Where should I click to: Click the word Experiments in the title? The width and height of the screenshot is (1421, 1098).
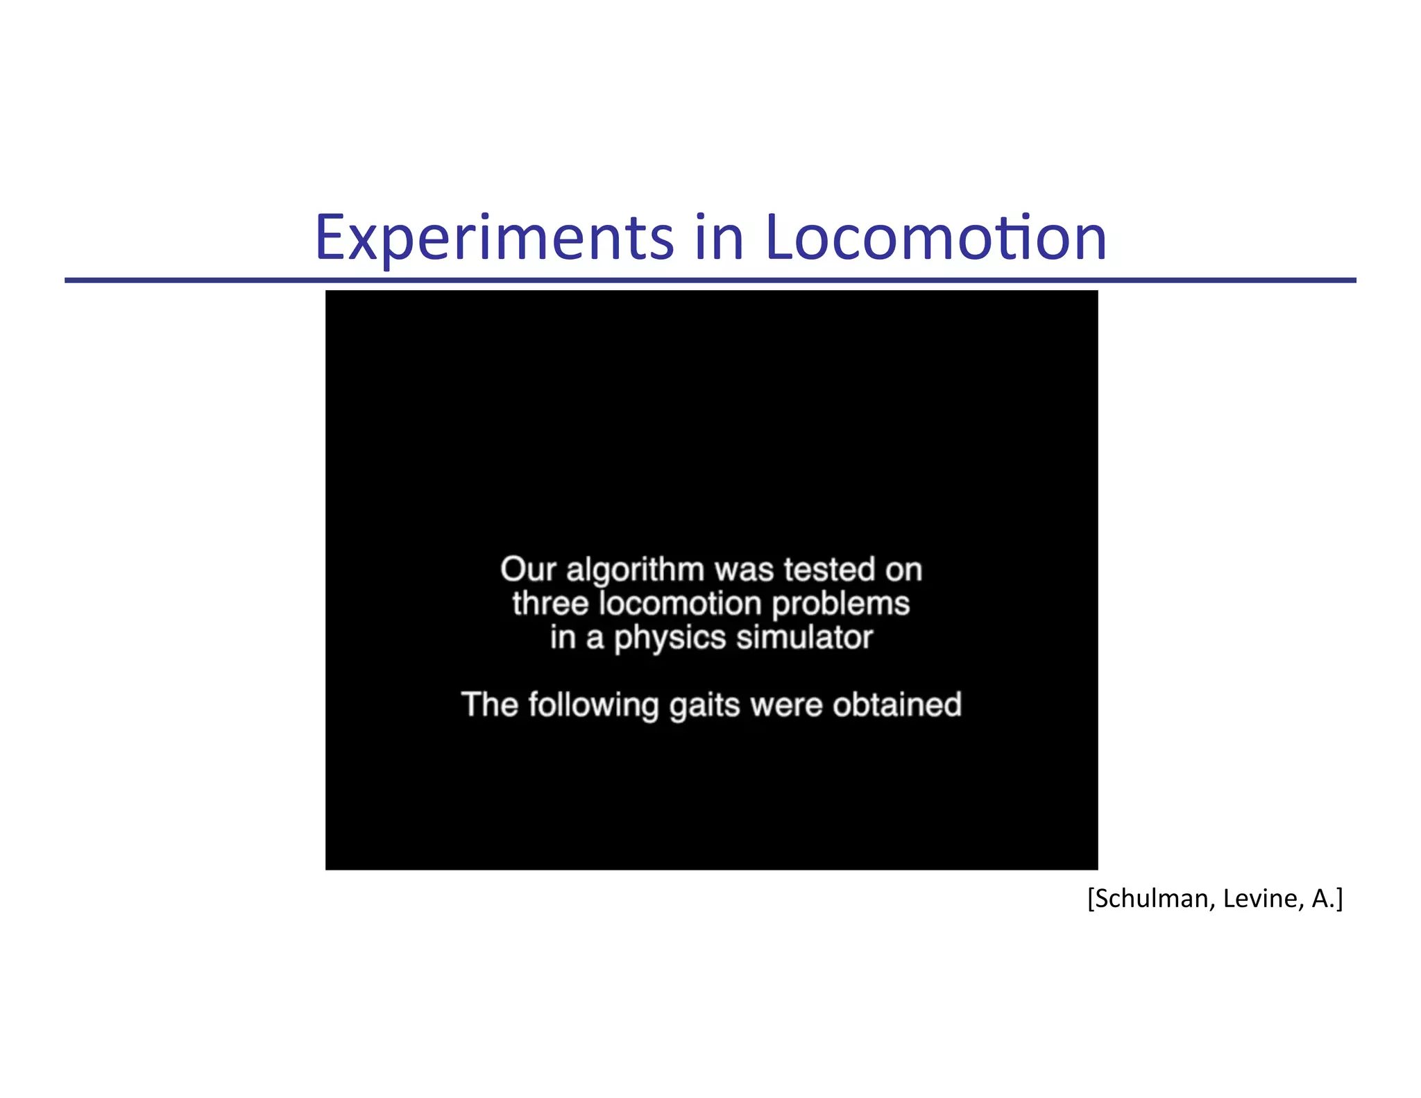coord(494,238)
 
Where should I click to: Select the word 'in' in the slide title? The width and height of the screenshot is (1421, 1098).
coord(719,238)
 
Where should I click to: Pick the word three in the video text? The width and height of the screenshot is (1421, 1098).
coord(550,603)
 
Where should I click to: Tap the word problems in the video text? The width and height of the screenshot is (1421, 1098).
coord(840,604)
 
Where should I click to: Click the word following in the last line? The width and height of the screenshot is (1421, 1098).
coord(593,706)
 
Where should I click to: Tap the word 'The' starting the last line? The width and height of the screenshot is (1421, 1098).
coord(490,704)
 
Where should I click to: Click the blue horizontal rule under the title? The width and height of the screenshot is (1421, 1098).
coord(710,280)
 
